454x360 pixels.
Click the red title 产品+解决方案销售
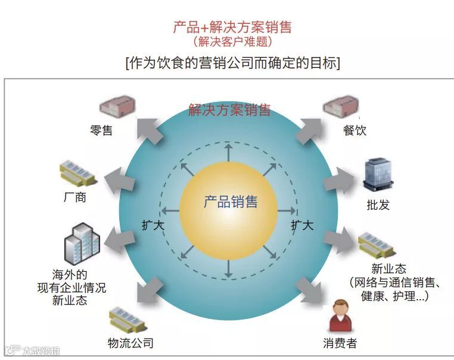point(232,27)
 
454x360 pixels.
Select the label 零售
point(101,131)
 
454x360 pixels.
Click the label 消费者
point(340,343)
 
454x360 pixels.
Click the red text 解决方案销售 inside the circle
point(229,110)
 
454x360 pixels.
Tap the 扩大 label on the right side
point(302,225)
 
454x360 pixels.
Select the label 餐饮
point(355,131)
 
